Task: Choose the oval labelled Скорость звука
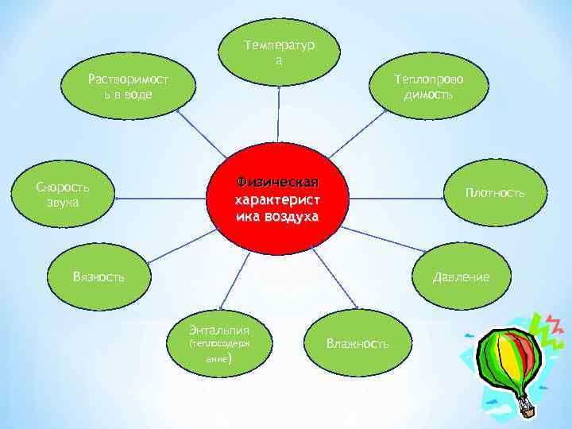click(63, 195)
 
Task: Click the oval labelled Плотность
click(494, 193)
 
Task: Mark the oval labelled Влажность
click(357, 342)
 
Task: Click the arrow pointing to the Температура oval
click(280, 111)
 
